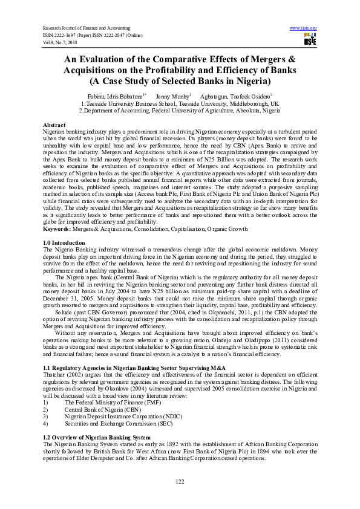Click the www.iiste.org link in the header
pos(304,28)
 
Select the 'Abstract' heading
pos(54,124)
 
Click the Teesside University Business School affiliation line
pos(180,103)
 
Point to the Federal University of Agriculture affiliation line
pos(180,111)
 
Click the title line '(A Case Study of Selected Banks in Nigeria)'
pos(180,81)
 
